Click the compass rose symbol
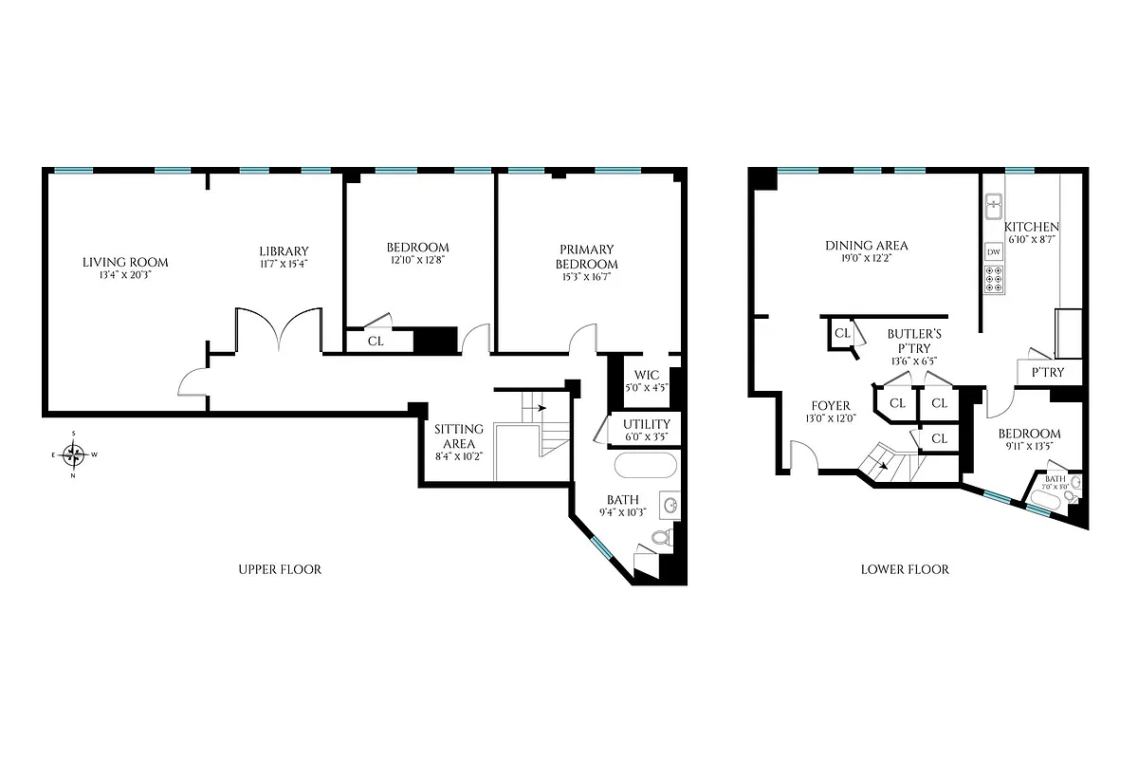73,454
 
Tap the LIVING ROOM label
125,263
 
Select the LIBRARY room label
284,251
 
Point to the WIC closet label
647,376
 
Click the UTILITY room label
647,424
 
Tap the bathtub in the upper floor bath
646,466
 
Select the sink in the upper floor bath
671,506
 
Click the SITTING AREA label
458,436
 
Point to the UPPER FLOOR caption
279,570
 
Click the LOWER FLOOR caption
905,570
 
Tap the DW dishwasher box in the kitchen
994,252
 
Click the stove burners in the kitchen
994,280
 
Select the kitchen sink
994,204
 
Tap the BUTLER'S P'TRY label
913,341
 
